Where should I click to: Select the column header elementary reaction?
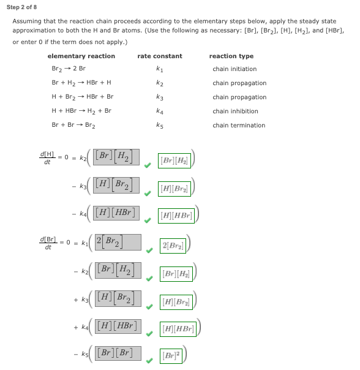pos(81,56)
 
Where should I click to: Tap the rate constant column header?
pos(159,56)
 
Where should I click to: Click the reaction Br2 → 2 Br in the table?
pos(69,69)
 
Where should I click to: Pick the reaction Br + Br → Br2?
pos(73,126)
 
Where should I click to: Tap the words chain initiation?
pos(234,69)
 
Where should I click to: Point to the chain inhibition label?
pos(235,111)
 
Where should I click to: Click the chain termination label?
pos(239,126)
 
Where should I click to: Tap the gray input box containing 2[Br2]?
pos(118,243)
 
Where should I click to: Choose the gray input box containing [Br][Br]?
pos(118,353)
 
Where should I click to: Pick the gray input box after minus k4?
pos(118,212)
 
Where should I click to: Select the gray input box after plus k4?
pos(118,325)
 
